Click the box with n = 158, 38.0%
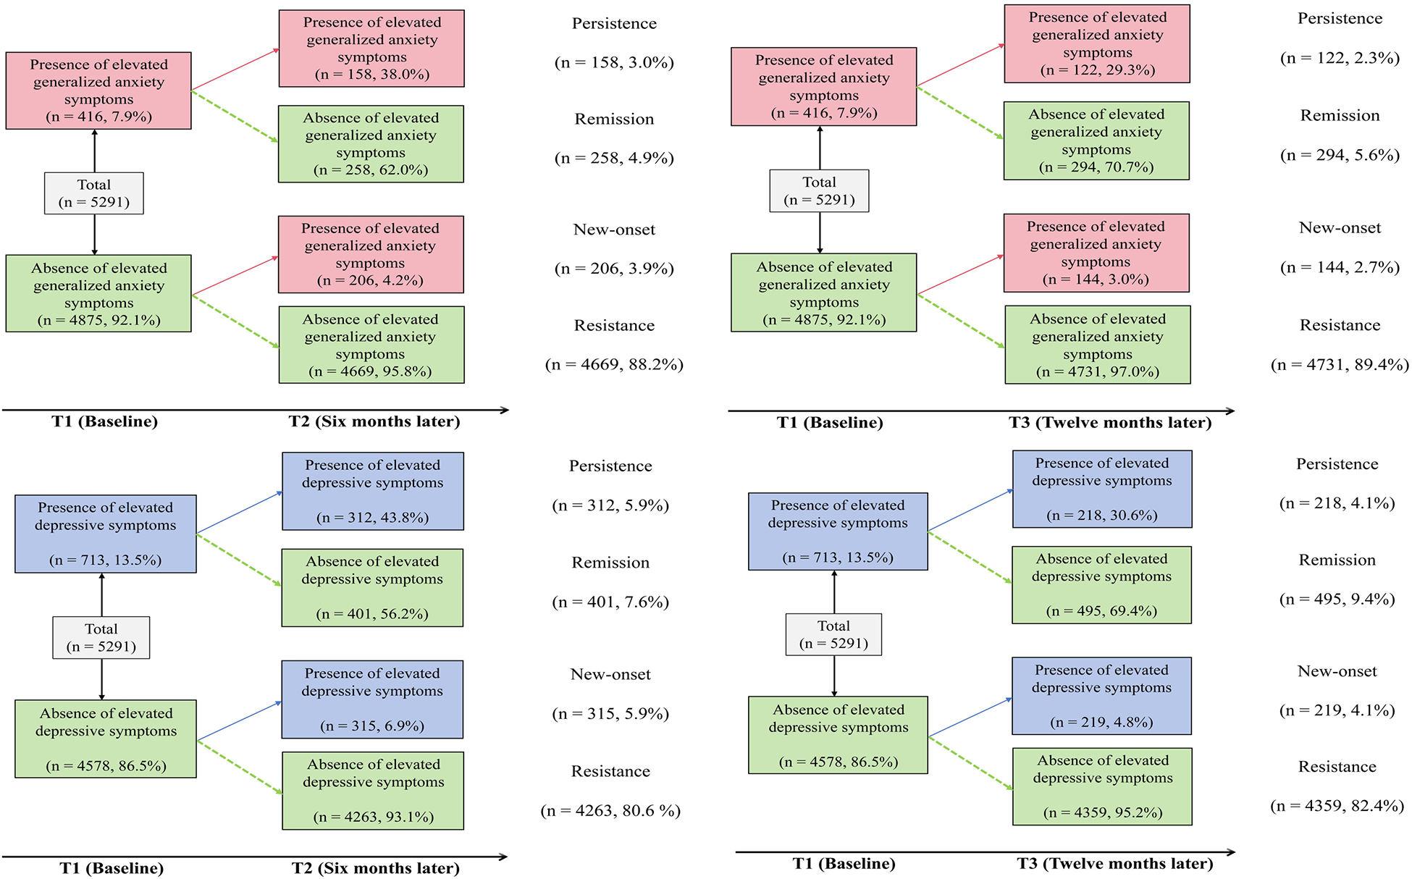371,49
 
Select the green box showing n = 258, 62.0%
371,144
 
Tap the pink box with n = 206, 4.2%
371,254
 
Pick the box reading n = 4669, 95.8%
371,345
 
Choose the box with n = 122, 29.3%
1097,43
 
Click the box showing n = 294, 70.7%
1096,140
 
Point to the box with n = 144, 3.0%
1096,253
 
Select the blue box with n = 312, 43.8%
373,492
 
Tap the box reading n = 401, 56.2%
372,588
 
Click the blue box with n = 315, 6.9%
372,699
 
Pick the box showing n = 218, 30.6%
1102,489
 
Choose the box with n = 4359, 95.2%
1102,787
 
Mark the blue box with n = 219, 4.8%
1101,696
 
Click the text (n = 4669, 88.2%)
614,364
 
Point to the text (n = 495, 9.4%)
1337,599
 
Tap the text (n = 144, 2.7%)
1340,267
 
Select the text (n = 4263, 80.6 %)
610,810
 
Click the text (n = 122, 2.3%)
1340,58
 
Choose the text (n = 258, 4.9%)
614,158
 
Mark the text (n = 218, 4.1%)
1337,502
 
